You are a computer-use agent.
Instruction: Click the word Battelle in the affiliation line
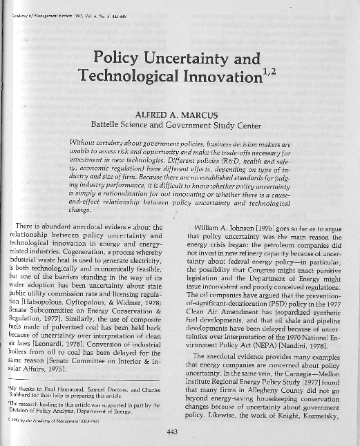(x=120, y=126)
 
